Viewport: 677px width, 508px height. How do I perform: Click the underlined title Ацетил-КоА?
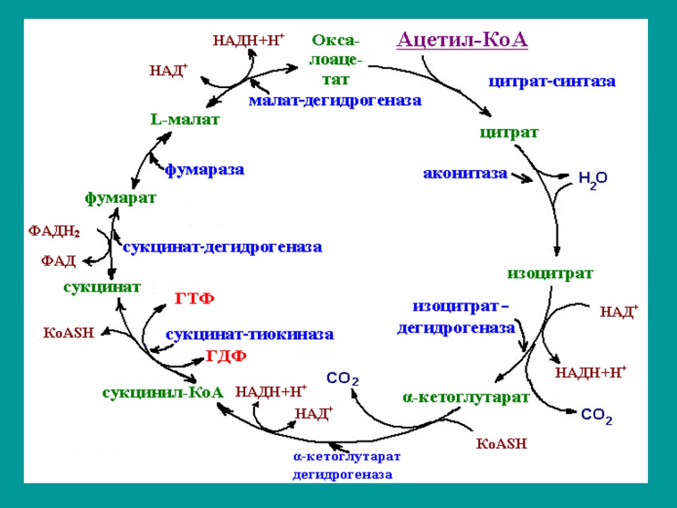[x=462, y=40]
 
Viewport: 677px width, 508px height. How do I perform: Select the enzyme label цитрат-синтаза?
[x=552, y=82]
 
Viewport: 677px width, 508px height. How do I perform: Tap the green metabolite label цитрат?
[x=509, y=132]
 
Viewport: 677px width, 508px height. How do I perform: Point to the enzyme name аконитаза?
[x=465, y=174]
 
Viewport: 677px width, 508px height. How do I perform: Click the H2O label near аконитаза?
[x=592, y=179]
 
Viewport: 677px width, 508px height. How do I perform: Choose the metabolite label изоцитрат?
[x=550, y=273]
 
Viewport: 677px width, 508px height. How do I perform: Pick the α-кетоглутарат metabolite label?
[x=466, y=398]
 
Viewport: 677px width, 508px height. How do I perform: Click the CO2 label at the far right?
[x=596, y=417]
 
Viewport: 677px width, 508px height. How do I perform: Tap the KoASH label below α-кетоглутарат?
[x=502, y=443]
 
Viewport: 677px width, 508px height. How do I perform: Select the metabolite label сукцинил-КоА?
[x=163, y=392]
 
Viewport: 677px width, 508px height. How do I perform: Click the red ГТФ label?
[x=194, y=299]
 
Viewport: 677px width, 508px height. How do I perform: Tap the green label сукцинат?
[x=102, y=287]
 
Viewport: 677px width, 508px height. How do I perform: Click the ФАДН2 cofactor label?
[x=54, y=232]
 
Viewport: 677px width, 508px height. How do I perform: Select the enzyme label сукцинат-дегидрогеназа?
[x=223, y=247]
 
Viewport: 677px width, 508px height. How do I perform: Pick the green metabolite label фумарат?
[x=120, y=198]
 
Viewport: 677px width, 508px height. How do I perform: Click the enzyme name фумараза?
[x=204, y=170]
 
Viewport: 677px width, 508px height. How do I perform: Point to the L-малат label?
[x=184, y=120]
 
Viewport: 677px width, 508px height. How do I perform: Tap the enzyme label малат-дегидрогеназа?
[x=335, y=101]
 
